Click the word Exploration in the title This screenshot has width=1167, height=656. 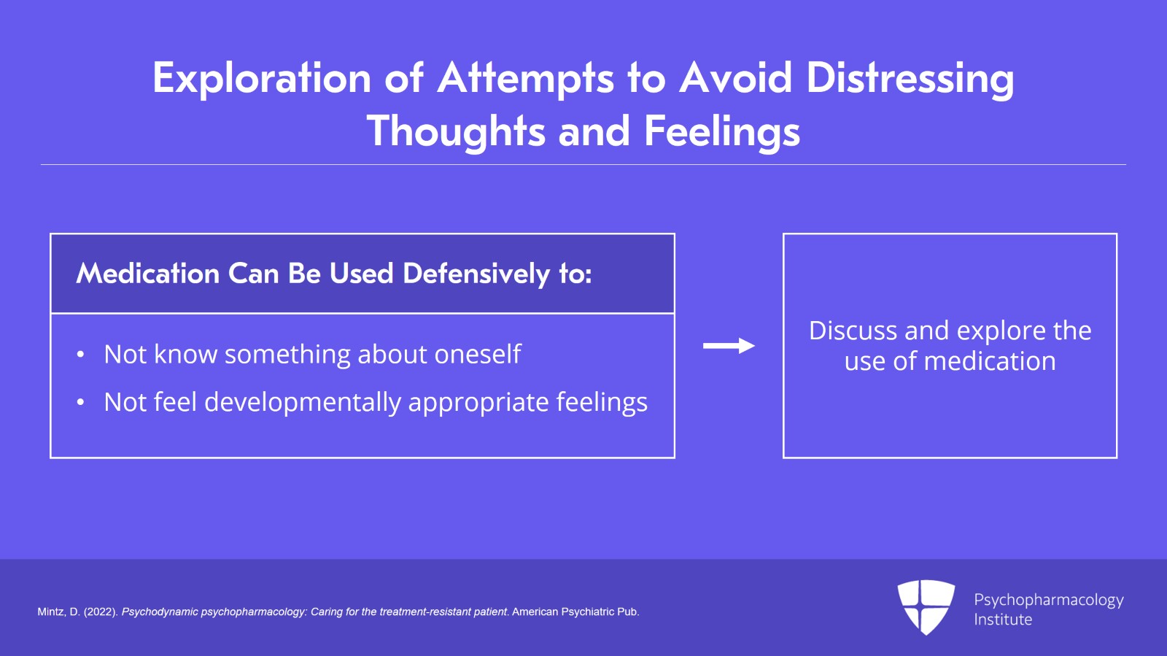pyautogui.click(x=262, y=78)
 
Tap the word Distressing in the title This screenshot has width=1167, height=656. pyautogui.click(x=910, y=78)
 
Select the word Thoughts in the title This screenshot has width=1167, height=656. pyautogui.click(x=456, y=131)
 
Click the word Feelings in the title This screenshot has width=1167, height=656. pyautogui.click(x=721, y=131)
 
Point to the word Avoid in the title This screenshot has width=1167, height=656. pyautogui.click(x=736, y=78)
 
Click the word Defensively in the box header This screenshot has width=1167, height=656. pyautogui.click(x=476, y=274)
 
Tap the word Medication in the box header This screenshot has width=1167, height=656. pyautogui.click(x=148, y=274)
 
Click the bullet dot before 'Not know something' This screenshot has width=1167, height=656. pyautogui.click(x=80, y=355)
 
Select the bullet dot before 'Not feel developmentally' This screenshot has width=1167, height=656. pyautogui.click(x=80, y=403)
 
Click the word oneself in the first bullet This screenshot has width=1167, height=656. pyautogui.click(x=478, y=355)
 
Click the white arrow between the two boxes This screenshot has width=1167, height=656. pyautogui.click(x=729, y=346)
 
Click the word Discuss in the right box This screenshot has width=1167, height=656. pyautogui.click(x=853, y=331)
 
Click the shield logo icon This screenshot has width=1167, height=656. pyautogui.click(x=926, y=606)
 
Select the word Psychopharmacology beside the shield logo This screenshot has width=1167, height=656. pyautogui.click(x=1048, y=600)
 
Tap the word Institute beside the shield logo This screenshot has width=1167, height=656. pyautogui.click(x=1003, y=620)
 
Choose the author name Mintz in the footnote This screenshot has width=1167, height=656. pyautogui.click(x=50, y=612)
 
